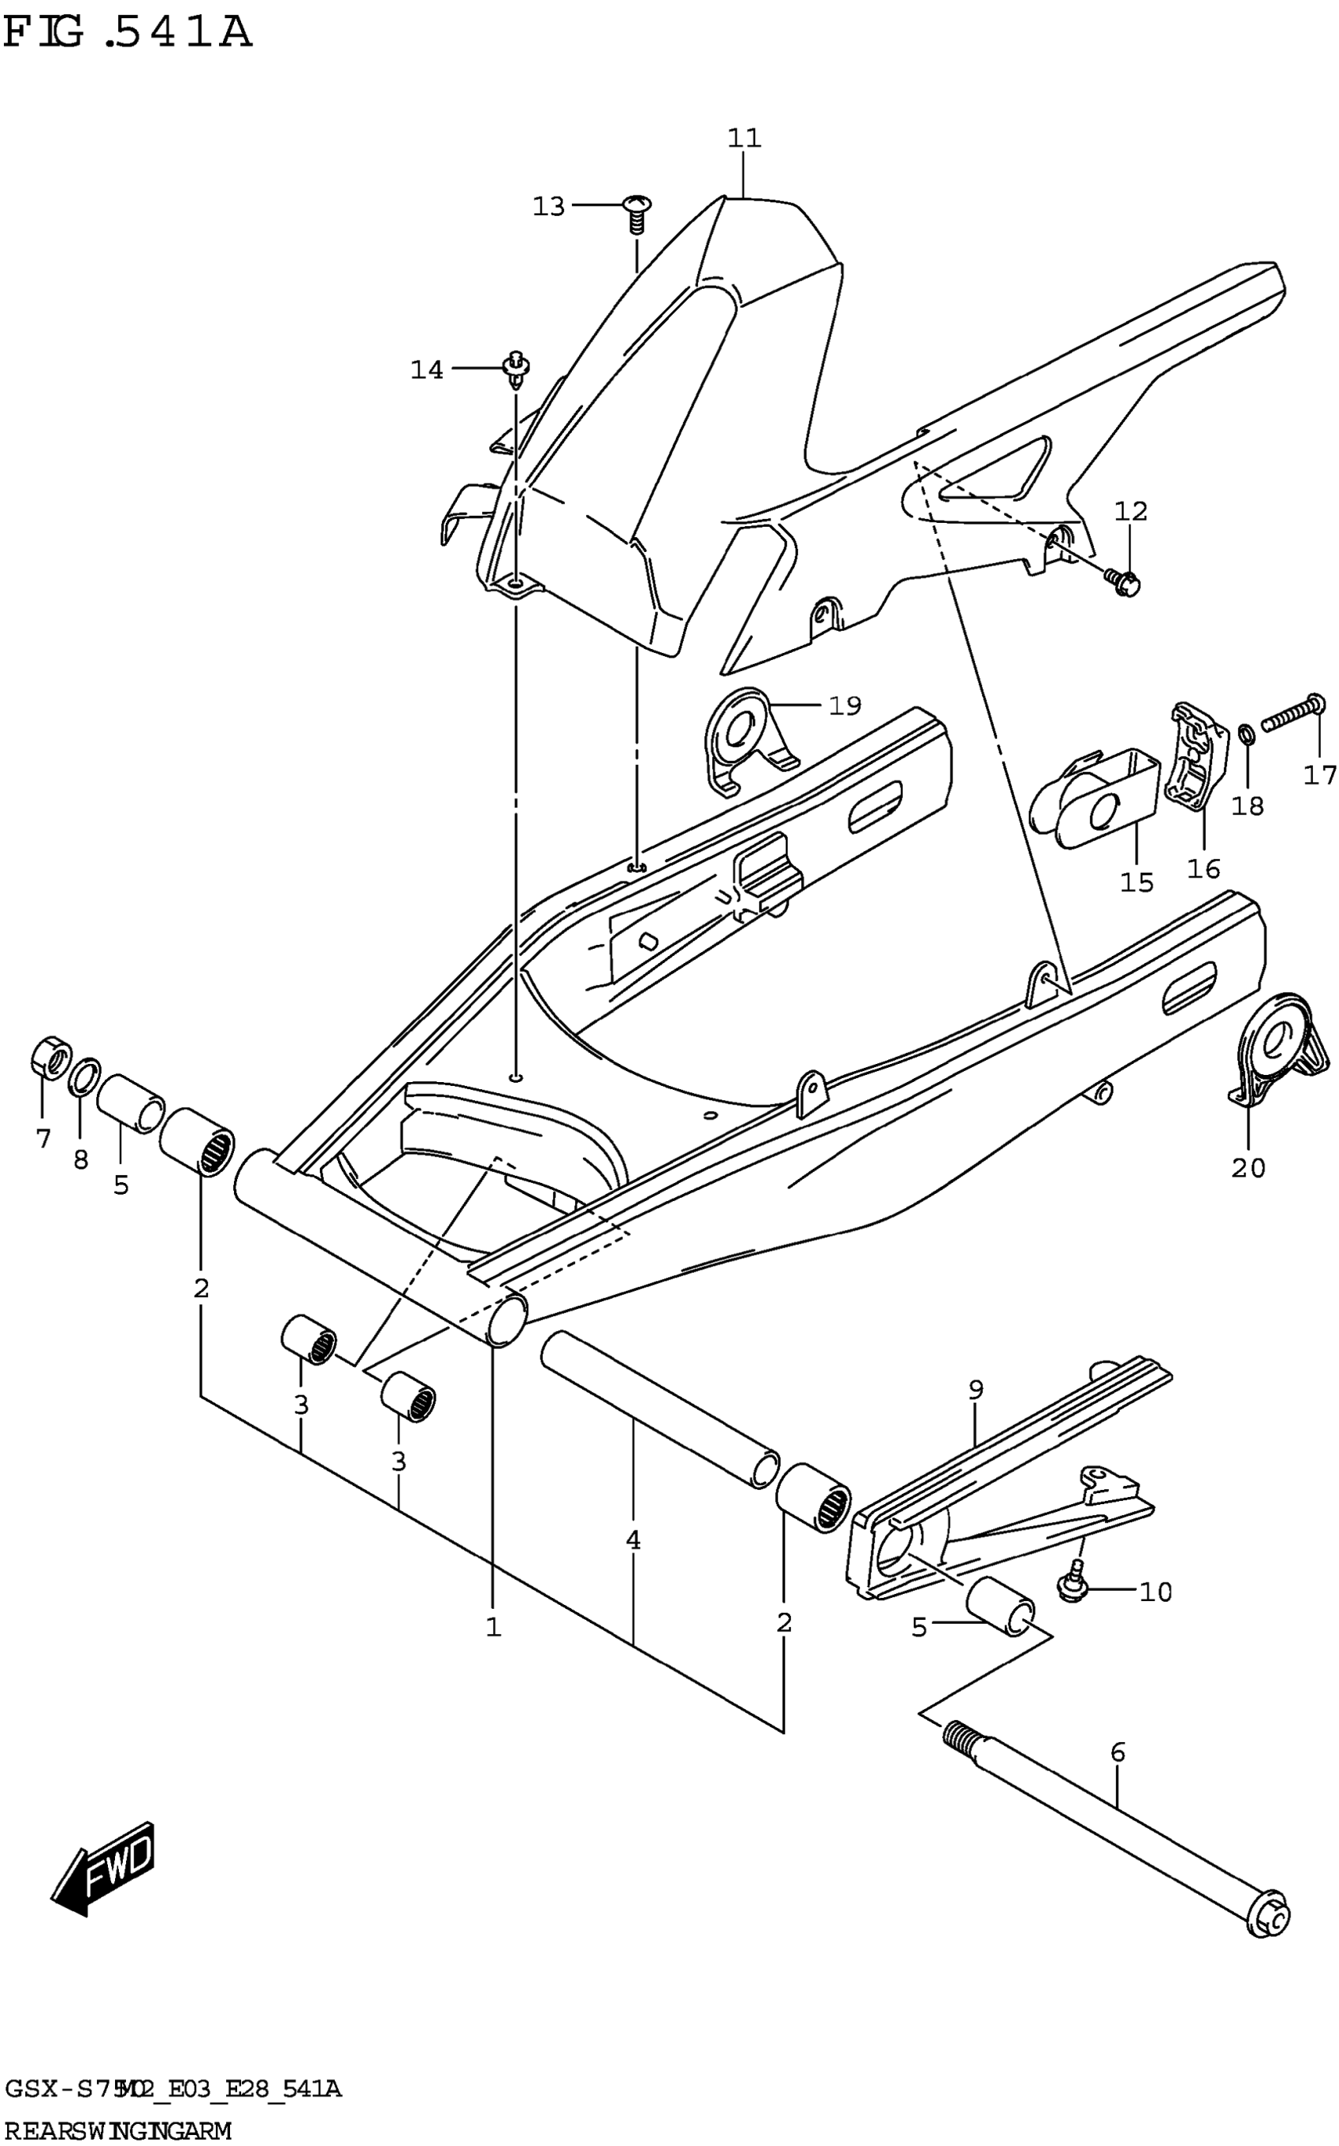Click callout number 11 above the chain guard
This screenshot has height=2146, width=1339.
[744, 138]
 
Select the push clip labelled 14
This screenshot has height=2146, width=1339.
[515, 369]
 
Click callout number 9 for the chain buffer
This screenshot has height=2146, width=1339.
[975, 1390]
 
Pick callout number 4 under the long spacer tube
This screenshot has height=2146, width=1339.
[632, 1540]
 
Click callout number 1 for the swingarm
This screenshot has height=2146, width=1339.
[493, 1626]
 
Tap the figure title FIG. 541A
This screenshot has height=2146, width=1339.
[128, 34]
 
